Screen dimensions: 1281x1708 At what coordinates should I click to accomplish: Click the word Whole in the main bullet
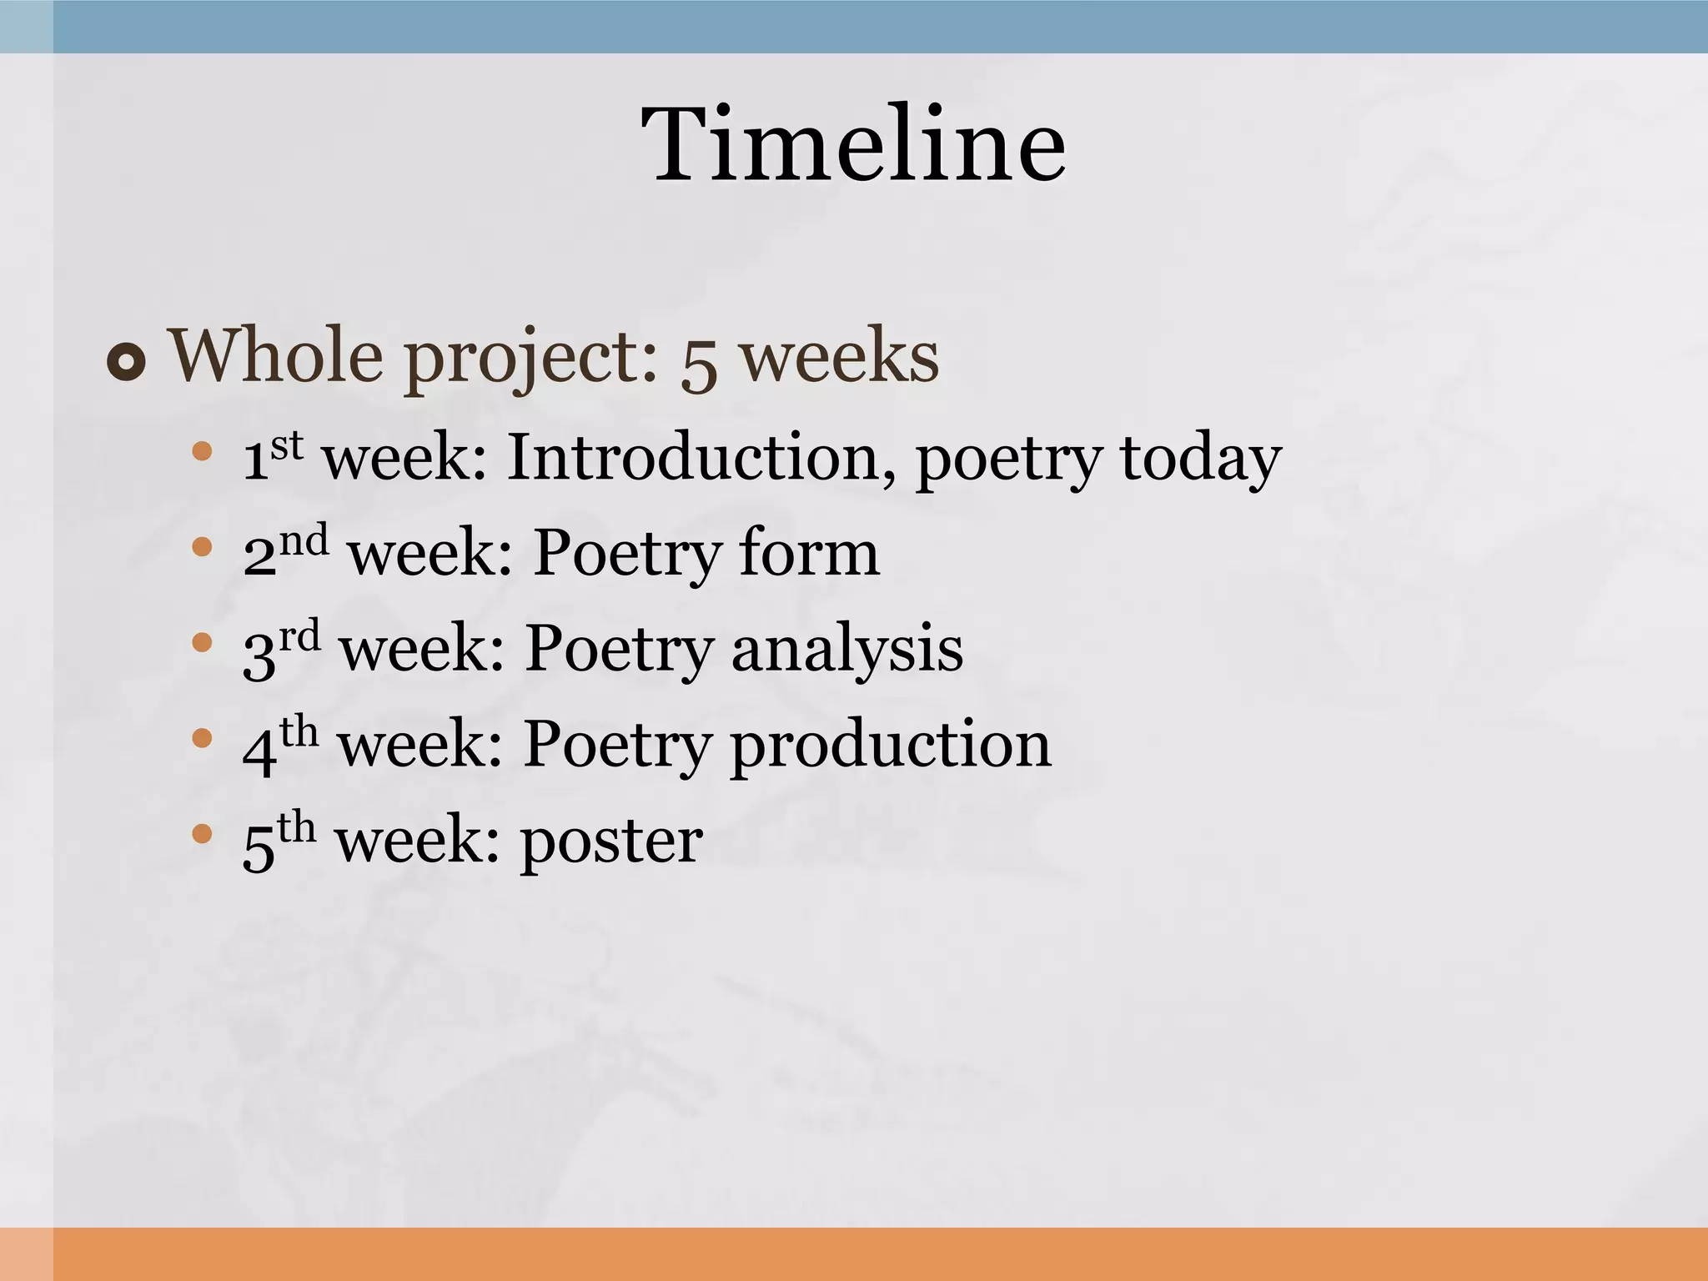tap(276, 356)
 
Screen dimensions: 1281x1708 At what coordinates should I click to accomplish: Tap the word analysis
tap(846, 650)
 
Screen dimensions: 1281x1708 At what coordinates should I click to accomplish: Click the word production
tap(890, 745)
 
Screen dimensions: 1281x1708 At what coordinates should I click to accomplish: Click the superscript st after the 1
tap(286, 445)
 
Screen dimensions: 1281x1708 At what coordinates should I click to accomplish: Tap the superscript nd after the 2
tap(304, 540)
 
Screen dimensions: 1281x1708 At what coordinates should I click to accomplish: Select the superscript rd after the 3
tap(299, 635)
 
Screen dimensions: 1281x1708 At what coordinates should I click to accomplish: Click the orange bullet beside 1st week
tap(202, 452)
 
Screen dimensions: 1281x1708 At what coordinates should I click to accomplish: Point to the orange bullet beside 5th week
tap(202, 833)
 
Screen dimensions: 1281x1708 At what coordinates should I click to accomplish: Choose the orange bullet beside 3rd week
tap(202, 643)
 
